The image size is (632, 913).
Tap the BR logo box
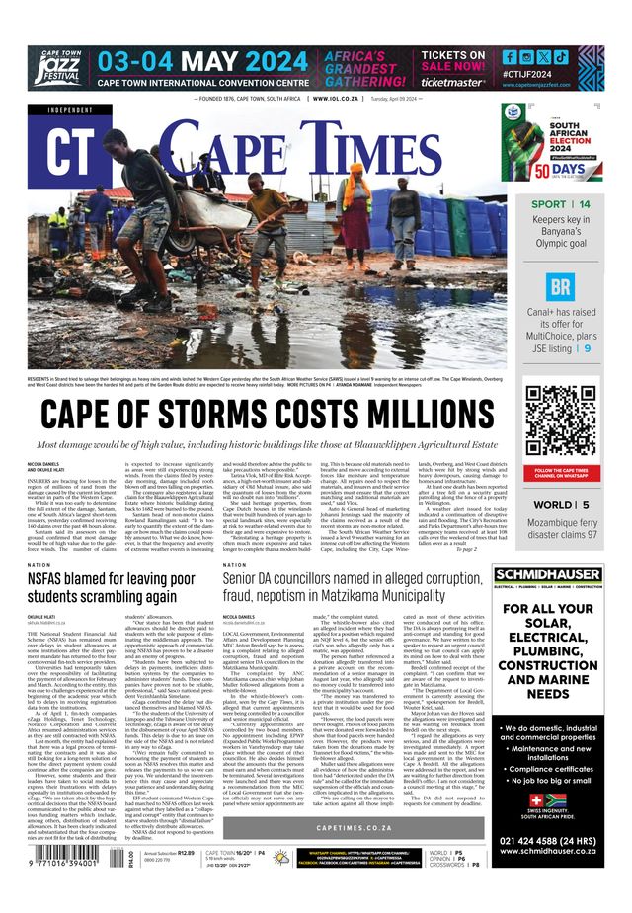click(x=560, y=287)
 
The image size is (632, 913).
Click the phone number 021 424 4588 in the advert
click(x=560, y=840)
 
